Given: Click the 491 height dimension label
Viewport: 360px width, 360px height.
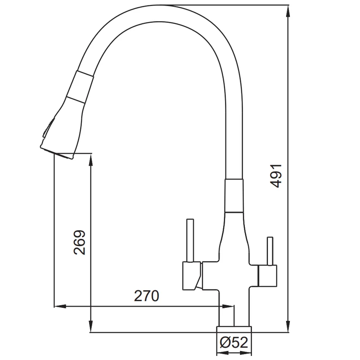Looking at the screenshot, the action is [276, 176].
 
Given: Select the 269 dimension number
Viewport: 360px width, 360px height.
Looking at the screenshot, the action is [80, 243].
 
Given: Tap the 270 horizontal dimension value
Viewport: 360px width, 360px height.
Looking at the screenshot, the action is [147, 296].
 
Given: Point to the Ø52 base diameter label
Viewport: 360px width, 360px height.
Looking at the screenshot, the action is [234, 343].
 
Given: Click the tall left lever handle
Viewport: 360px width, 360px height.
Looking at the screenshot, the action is [190, 240].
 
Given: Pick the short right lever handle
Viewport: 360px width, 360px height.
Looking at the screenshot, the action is [270, 251].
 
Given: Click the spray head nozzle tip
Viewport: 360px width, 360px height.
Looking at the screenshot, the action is [58, 153].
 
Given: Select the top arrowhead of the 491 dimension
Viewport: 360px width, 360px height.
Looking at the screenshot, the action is [289, 11].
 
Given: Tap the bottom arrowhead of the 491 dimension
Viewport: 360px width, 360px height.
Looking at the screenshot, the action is [289, 326].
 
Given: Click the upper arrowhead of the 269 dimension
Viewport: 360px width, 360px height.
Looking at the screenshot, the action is [91, 159].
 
